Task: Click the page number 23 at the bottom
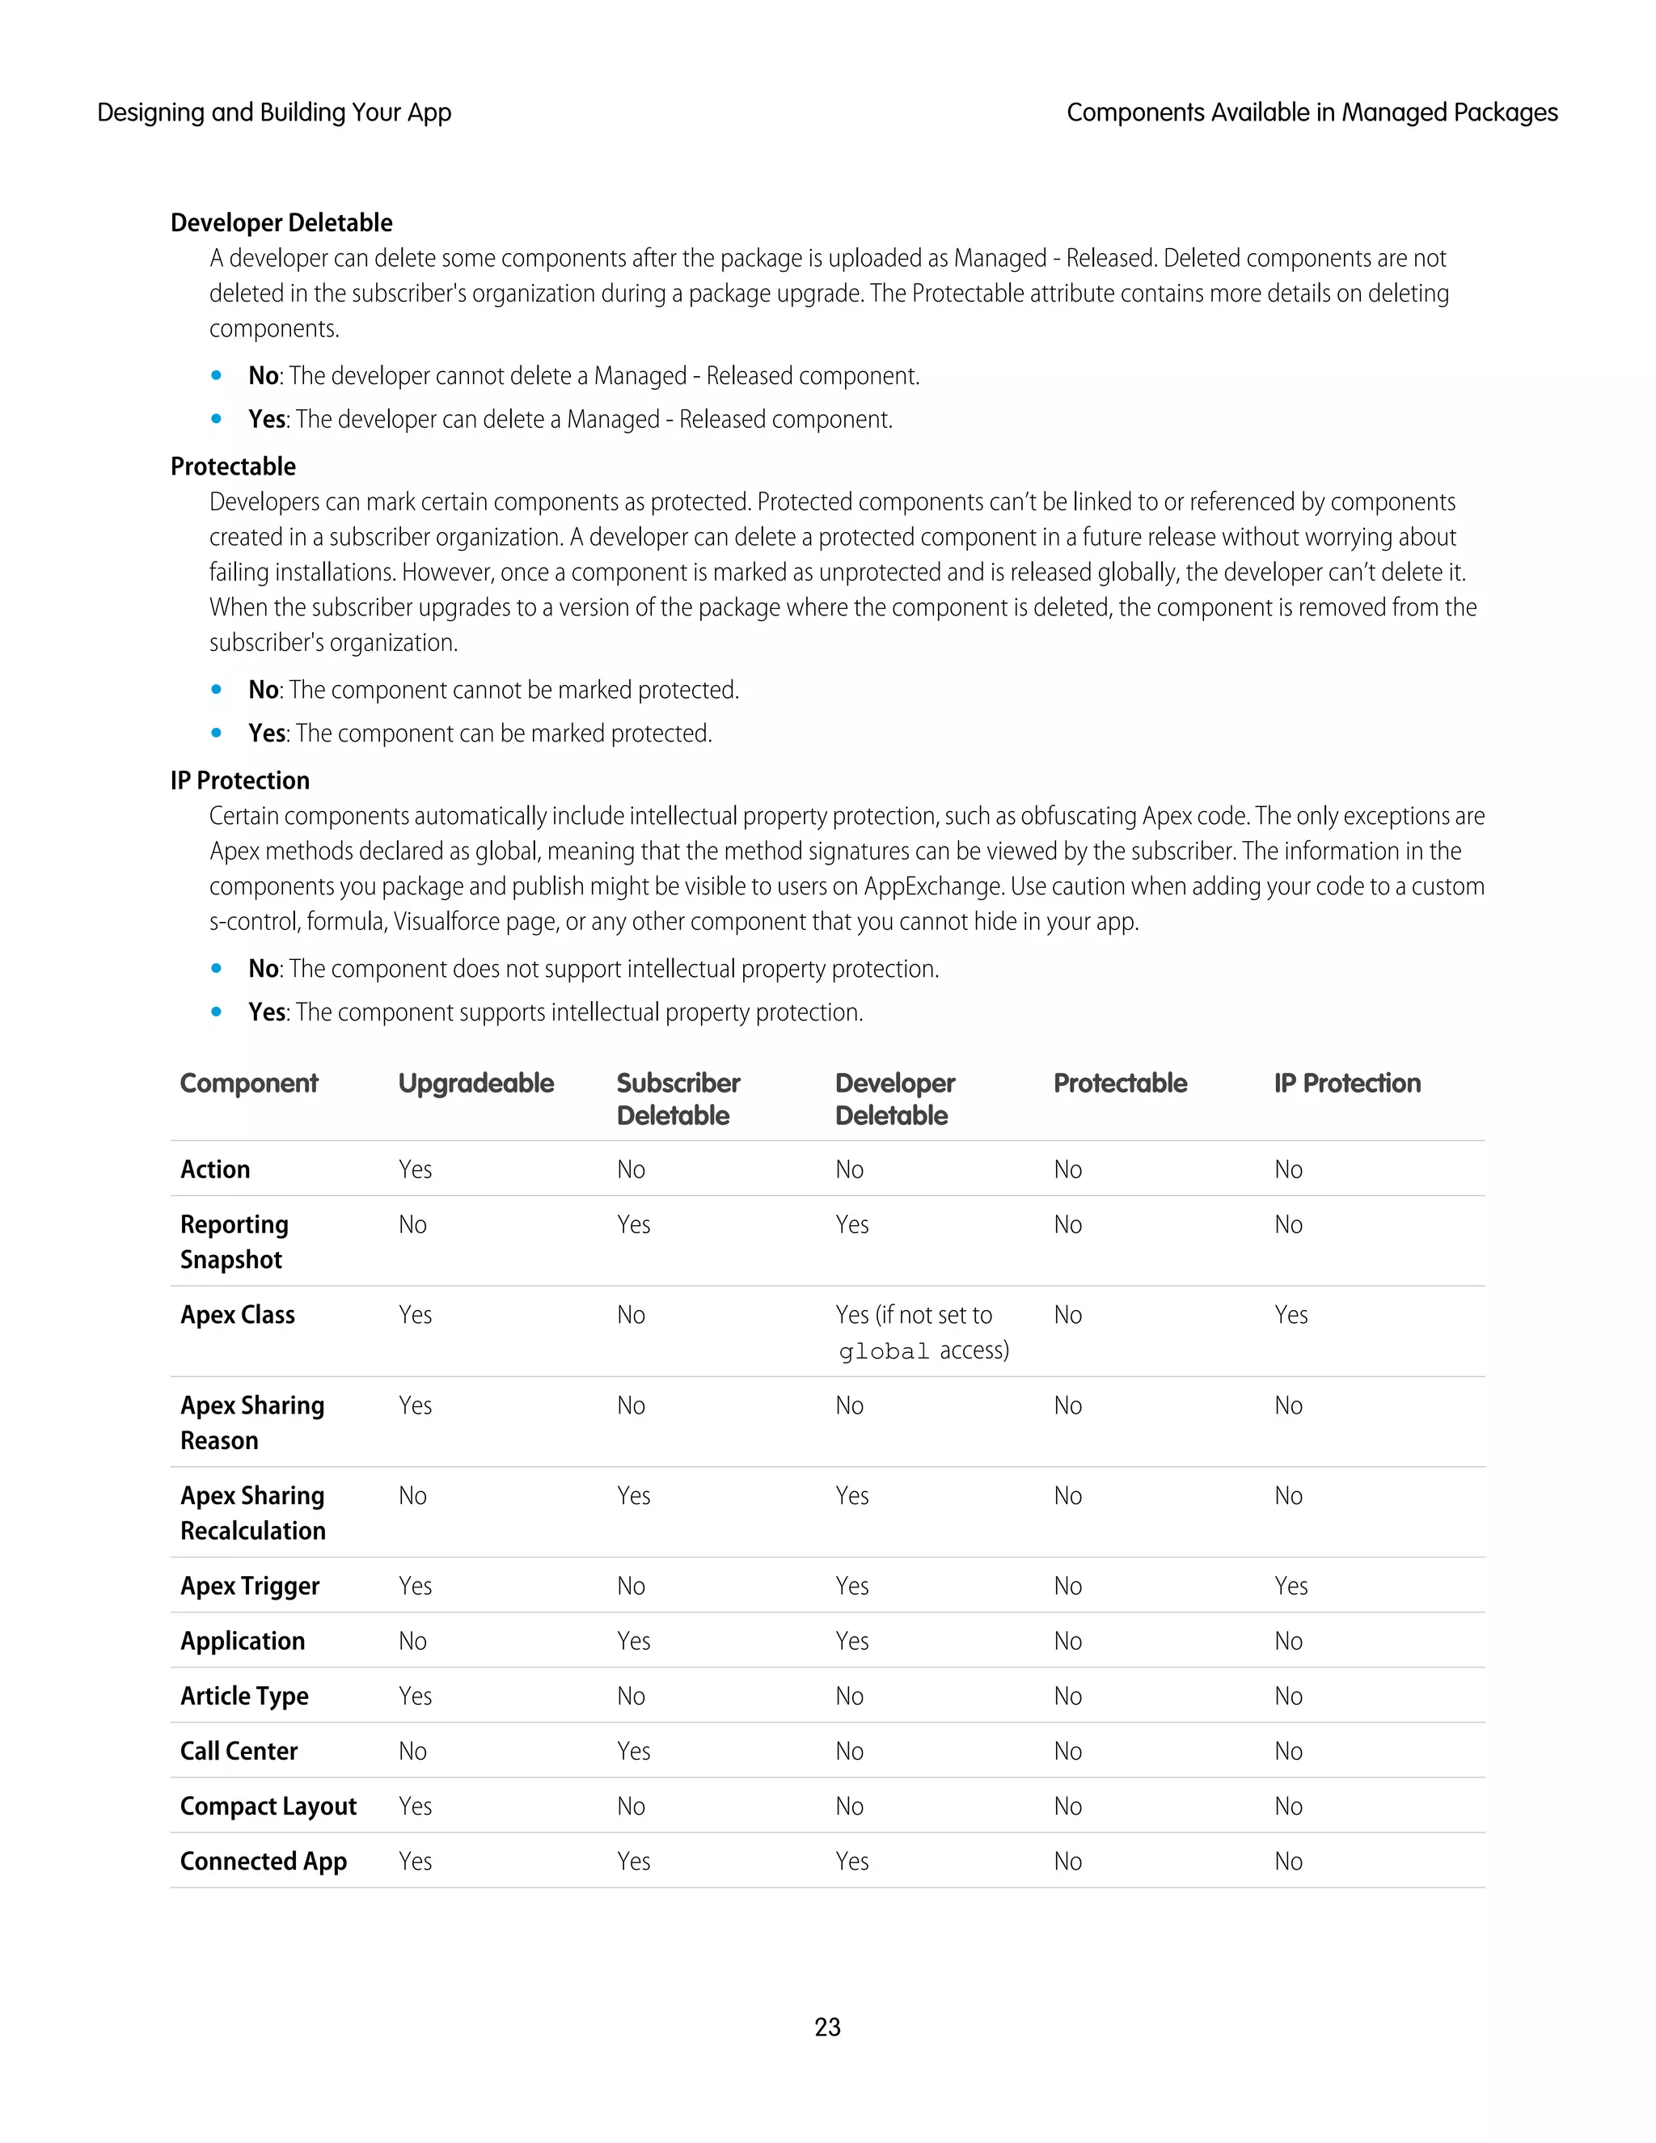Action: point(827,2027)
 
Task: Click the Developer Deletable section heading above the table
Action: point(281,222)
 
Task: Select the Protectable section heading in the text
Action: point(234,466)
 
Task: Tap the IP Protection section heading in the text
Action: point(240,780)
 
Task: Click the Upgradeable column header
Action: point(475,1084)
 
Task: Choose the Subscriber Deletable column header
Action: point(678,1099)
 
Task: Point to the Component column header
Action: point(249,1084)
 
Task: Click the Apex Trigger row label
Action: point(250,1586)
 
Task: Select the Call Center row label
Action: point(239,1751)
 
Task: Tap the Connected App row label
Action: point(263,1861)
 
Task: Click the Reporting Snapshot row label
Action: point(234,1241)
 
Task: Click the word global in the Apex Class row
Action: point(883,1351)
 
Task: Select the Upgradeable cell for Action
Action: point(415,1169)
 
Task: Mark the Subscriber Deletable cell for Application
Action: point(634,1641)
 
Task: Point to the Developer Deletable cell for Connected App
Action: point(851,1861)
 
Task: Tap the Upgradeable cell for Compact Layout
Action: point(415,1806)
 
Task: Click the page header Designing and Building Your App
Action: point(274,113)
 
